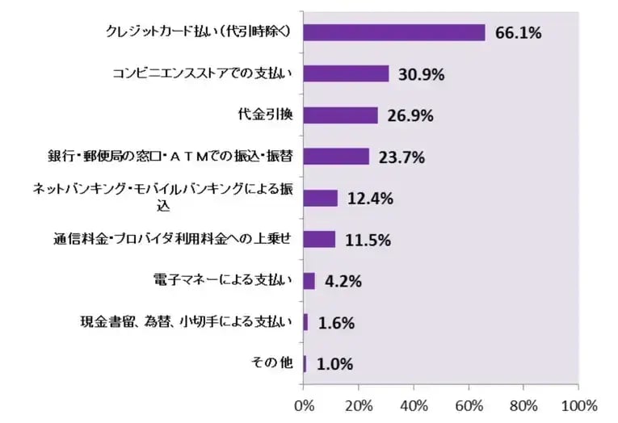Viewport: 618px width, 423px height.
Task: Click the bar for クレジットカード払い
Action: tap(394, 32)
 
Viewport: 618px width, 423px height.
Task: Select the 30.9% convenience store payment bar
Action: tap(346, 74)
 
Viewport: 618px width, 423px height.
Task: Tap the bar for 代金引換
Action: tap(340, 115)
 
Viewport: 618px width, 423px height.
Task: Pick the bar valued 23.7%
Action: tap(336, 157)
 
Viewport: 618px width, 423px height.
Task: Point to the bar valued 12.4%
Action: tap(321, 199)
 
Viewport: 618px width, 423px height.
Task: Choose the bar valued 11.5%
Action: tap(319, 240)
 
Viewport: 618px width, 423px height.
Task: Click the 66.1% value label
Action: tap(518, 33)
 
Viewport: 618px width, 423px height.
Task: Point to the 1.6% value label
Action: tap(336, 323)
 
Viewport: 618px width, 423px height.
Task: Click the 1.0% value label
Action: tap(334, 364)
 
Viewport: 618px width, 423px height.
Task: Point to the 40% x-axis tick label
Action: tap(414, 404)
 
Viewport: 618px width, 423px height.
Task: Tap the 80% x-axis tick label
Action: tap(523, 404)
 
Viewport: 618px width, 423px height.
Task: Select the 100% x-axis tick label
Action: tap(577, 404)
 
